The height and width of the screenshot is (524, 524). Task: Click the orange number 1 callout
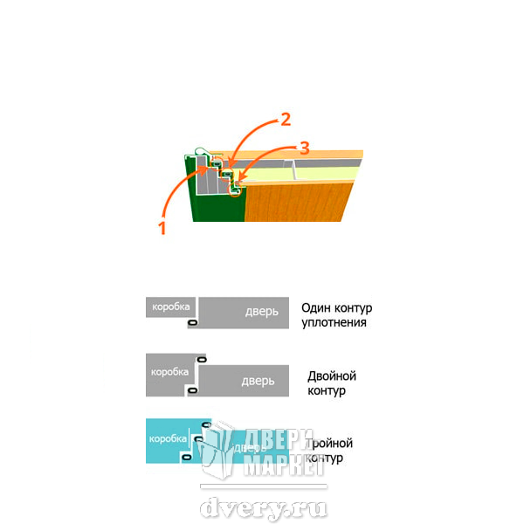click(162, 229)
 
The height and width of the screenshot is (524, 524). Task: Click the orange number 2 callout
click(285, 120)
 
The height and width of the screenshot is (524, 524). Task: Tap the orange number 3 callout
click(304, 146)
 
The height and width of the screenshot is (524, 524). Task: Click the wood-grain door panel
click(297, 203)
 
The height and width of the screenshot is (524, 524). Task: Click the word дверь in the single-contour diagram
click(262, 312)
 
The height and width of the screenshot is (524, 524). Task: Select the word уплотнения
click(333, 322)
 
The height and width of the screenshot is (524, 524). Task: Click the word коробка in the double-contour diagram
click(169, 371)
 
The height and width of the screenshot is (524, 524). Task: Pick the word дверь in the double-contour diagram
click(259, 381)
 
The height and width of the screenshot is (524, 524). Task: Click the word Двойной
click(332, 376)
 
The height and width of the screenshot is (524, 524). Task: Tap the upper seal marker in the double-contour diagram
click(201, 359)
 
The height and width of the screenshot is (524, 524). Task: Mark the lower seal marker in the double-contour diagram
click(190, 390)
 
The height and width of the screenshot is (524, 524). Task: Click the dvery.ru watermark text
click(264, 507)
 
